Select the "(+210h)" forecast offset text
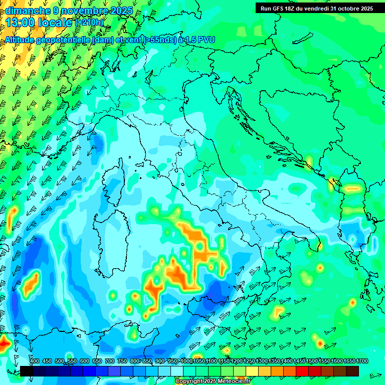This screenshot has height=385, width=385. [90, 22]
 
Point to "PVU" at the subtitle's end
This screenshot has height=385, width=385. [205, 40]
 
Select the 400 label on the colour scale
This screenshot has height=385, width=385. [35, 361]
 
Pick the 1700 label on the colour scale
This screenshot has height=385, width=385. [349, 361]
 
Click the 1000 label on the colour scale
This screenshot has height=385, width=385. [186, 361]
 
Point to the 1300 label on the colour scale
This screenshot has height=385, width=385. [262, 361]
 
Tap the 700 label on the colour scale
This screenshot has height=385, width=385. [110, 361]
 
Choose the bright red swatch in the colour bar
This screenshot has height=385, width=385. [302, 371]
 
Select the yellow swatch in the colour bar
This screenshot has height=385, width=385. [252, 371]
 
